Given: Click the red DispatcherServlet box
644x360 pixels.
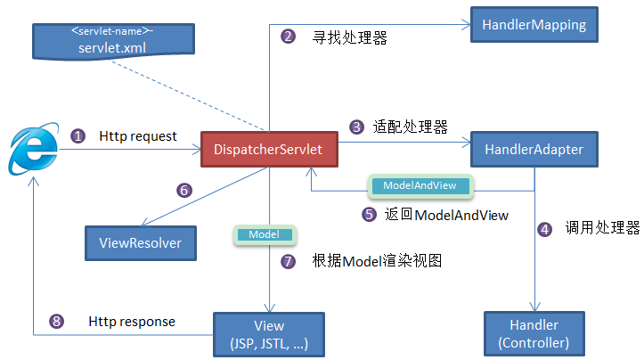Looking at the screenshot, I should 267,149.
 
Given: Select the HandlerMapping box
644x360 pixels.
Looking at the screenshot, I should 534,25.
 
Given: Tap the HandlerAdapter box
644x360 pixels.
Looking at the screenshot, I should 533,149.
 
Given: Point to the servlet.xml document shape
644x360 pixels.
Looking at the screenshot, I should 111,36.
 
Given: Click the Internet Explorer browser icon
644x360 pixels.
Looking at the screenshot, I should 29,150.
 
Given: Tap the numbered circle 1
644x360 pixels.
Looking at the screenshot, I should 78,136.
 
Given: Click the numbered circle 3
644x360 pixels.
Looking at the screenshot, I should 356,127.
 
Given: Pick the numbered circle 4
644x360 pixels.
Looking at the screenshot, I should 545,228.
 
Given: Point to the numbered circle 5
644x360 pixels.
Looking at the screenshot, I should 369,214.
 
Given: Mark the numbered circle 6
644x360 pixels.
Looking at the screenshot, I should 184,190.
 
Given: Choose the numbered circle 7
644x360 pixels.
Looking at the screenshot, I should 287,261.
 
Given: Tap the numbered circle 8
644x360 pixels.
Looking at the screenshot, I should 58,322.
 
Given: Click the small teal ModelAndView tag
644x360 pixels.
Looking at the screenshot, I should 420,185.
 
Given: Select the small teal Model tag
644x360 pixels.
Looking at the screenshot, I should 265,234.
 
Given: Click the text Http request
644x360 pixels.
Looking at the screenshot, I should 138,136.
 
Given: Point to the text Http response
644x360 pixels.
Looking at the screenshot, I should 132,321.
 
